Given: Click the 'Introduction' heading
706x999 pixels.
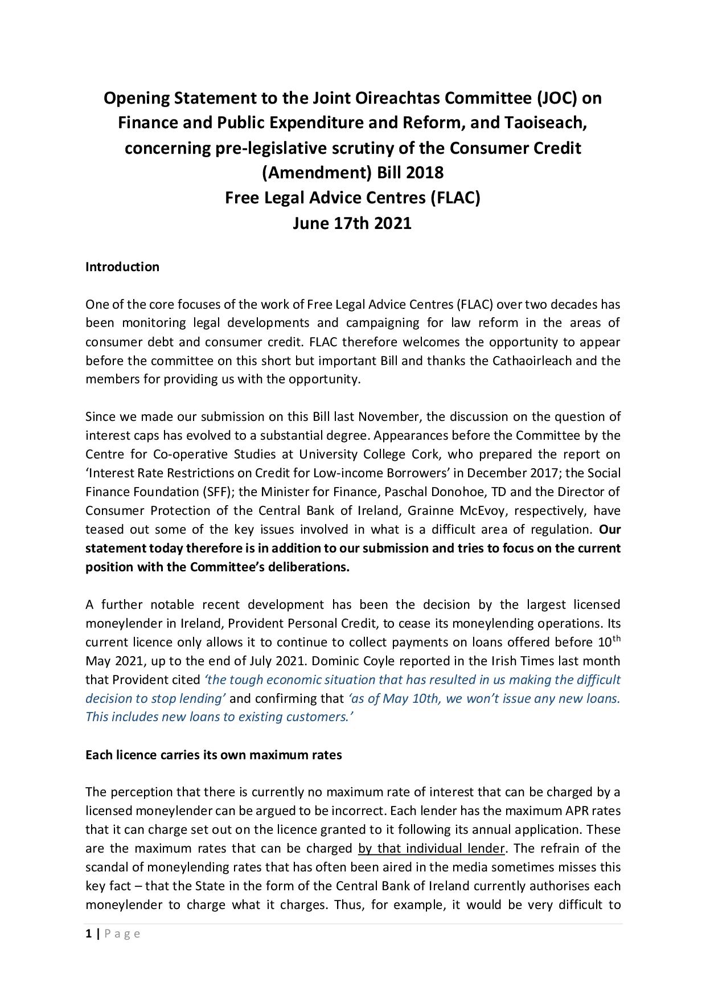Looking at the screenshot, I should click(122, 267).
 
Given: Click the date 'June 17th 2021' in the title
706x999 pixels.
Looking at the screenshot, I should click(352, 223).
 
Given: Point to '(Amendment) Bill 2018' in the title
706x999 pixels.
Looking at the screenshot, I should click(352, 173).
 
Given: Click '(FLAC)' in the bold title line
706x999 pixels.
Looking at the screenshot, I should click(455, 198).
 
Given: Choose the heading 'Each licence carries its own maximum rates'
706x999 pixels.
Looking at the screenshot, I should click(214, 755).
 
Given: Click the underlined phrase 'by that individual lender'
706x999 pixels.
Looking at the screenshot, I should click(431, 849).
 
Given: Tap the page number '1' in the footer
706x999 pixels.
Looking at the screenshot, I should click(88, 934).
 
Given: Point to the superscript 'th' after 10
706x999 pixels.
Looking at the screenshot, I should click(616, 638).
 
